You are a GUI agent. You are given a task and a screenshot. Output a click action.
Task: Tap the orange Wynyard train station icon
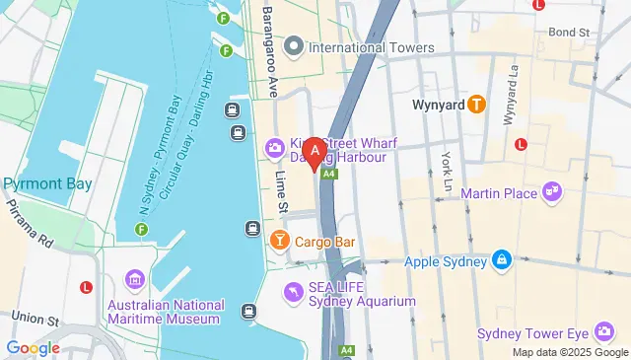tap(476, 103)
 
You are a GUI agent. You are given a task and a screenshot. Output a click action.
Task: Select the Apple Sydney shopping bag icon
tap(502, 260)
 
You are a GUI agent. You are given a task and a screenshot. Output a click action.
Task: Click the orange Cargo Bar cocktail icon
tap(280, 241)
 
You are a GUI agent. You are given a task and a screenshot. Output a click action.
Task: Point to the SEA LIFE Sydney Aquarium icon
tap(293, 292)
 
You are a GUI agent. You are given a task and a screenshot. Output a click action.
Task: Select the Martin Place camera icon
tap(552, 191)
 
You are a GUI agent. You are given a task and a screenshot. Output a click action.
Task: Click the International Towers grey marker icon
tap(293, 46)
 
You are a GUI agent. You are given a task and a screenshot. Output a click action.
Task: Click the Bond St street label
tap(569, 33)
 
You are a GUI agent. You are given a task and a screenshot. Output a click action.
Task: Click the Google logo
tap(33, 347)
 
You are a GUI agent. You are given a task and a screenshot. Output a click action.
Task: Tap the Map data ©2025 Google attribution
tap(569, 352)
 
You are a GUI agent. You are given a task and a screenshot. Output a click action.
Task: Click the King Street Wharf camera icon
tap(274, 148)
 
